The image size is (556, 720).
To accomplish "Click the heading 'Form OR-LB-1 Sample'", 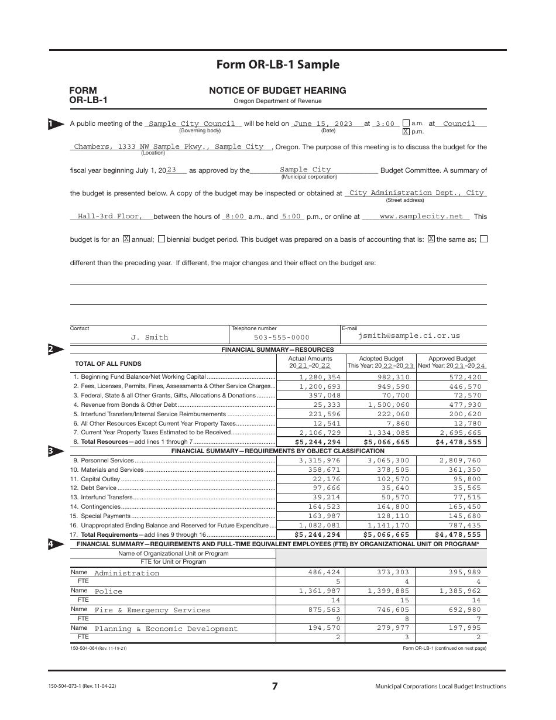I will tap(277, 64).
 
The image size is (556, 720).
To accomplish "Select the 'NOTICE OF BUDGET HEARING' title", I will tap(277, 91).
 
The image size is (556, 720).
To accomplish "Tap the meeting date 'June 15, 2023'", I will tap(322, 124).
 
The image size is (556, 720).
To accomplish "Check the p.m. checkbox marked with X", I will tap(406, 132).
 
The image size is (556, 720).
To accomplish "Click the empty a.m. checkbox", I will tap(406, 124).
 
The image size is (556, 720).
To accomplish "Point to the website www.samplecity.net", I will tap(421, 217).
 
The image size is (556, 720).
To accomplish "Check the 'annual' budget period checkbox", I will tap(126, 239).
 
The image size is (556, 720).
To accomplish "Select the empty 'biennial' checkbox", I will tap(162, 239).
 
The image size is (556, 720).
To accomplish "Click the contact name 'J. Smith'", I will tap(149, 337).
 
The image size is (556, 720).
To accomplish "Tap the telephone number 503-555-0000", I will tap(282, 337).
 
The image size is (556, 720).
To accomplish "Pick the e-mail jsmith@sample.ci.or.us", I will tap(409, 336).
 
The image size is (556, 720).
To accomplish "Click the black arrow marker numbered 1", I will tap(53, 124).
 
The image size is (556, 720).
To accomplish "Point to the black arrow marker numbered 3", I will tap(53, 451).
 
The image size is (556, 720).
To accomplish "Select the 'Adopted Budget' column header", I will tap(381, 359).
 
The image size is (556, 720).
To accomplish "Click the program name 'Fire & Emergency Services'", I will tap(152, 611).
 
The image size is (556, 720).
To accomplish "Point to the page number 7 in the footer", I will tap(275, 687).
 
